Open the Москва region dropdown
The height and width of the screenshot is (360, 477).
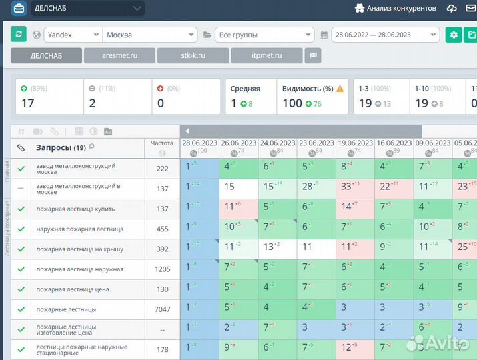click(151, 35)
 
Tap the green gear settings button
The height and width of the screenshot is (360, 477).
click(454, 35)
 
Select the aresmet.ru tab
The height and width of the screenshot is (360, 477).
click(119, 56)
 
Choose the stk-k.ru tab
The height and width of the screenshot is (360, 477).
click(193, 56)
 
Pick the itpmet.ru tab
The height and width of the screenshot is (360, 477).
click(267, 56)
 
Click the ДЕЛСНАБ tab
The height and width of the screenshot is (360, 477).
click(46, 56)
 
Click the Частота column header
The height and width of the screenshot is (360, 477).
click(162, 143)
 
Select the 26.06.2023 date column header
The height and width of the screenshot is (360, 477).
click(238, 143)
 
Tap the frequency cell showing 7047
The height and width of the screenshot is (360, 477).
click(162, 309)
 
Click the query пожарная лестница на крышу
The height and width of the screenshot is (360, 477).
click(80, 249)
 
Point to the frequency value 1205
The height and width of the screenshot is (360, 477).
click(162, 269)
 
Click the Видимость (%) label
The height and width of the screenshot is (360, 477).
click(308, 89)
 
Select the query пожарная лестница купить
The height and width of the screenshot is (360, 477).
click(75, 209)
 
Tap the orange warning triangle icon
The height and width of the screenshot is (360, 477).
click(340, 89)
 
